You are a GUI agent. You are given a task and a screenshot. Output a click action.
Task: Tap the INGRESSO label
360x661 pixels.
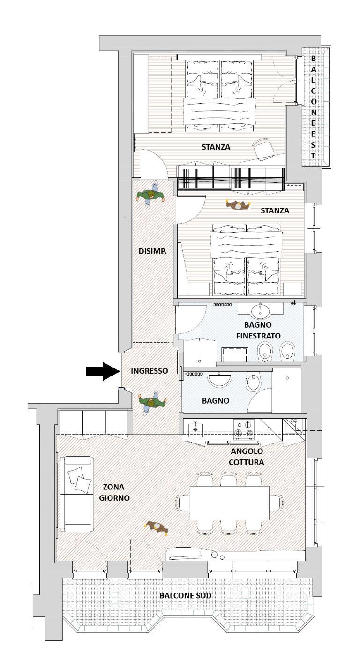click(150, 371)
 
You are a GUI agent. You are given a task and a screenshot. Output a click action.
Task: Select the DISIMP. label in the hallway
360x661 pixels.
click(152, 251)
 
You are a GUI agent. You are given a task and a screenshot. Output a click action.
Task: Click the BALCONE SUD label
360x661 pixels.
click(186, 595)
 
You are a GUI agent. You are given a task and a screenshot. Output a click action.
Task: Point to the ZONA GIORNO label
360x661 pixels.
click(114, 493)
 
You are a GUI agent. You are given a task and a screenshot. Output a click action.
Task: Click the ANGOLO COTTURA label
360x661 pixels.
click(247, 457)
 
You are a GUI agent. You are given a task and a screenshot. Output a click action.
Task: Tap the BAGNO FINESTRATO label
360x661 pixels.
click(258, 330)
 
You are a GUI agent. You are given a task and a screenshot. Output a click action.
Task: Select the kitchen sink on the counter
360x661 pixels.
click(195, 428)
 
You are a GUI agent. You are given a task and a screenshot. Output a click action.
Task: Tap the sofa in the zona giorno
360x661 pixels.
click(77, 494)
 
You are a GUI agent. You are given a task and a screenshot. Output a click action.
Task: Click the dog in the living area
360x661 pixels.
click(157, 527)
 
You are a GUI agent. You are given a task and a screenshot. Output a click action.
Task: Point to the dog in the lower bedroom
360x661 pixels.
click(238, 205)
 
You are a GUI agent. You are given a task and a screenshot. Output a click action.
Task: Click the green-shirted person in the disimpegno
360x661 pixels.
click(151, 195)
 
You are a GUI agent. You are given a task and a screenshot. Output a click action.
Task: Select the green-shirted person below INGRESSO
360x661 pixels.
click(152, 403)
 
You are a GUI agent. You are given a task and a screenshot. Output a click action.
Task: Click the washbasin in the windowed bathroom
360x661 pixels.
click(260, 311)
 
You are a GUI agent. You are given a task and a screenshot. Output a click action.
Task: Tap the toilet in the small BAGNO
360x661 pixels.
click(252, 383)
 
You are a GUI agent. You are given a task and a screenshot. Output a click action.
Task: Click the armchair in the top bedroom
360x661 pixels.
click(264, 149)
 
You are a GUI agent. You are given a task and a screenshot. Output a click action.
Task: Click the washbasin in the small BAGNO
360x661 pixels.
click(219, 379)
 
